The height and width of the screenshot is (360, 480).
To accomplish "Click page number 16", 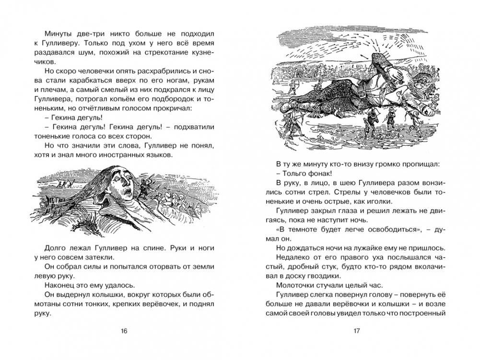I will pos(125,331).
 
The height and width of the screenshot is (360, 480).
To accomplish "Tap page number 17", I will pos(356,331).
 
